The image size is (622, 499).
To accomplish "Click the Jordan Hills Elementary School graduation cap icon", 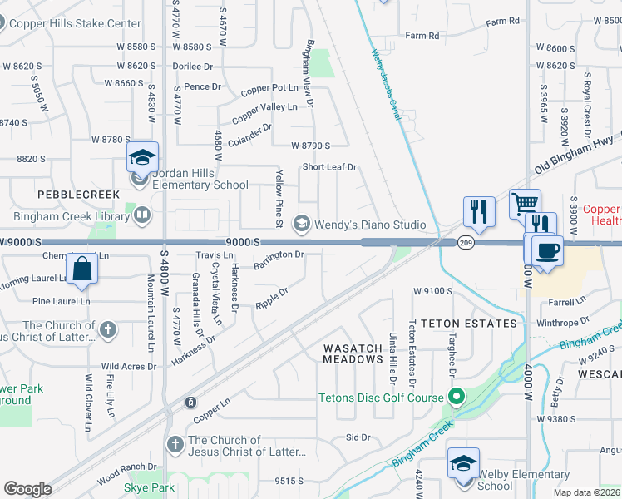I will point(142,157).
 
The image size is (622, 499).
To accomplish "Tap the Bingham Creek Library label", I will point(71,216).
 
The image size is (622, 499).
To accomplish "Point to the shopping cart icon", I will point(525,204).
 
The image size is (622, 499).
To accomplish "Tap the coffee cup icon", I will point(547,251).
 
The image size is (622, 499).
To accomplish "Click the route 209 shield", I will point(465,242).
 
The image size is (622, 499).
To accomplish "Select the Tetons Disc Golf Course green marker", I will point(455,398).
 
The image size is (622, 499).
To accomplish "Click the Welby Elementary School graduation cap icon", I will point(463,463).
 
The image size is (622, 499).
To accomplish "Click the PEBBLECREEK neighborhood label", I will point(68,193).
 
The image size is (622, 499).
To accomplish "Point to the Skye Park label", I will point(151,487).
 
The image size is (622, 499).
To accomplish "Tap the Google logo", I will point(28,489).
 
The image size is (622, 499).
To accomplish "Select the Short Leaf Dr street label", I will point(329,167).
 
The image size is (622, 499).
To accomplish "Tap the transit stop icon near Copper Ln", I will point(191,403).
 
